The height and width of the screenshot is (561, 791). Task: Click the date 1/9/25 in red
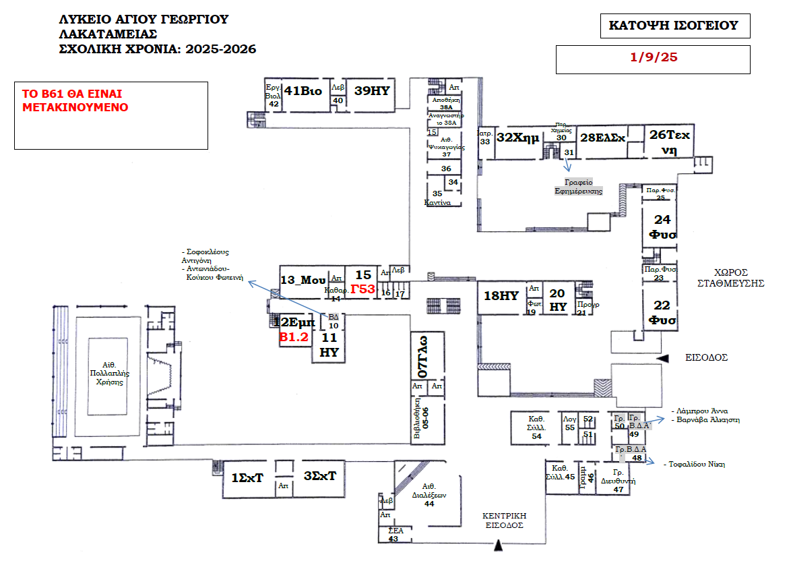(653, 57)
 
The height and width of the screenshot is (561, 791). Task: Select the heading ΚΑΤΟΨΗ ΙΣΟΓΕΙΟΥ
(674, 26)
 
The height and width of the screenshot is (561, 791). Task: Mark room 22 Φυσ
(662, 312)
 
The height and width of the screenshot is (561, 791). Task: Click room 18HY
(500, 295)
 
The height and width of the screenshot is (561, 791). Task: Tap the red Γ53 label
(362, 289)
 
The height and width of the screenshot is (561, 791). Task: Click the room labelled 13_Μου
(303, 280)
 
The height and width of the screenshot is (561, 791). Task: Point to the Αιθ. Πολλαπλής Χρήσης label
(109, 377)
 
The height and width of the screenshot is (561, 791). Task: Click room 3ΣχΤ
(319, 475)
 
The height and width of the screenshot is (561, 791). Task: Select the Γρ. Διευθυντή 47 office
(618, 481)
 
